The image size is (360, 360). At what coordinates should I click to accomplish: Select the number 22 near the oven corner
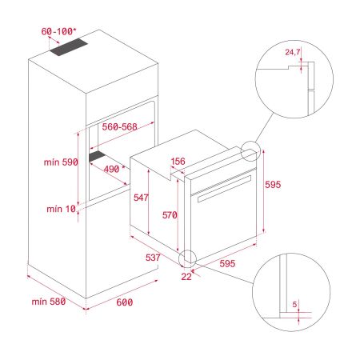186,276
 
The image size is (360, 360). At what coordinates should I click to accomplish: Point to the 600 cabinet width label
124,302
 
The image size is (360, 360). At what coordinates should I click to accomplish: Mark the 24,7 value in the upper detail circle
295,54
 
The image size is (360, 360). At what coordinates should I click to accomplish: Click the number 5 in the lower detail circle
294,305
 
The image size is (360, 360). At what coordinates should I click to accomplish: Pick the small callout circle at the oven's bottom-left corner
189,258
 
